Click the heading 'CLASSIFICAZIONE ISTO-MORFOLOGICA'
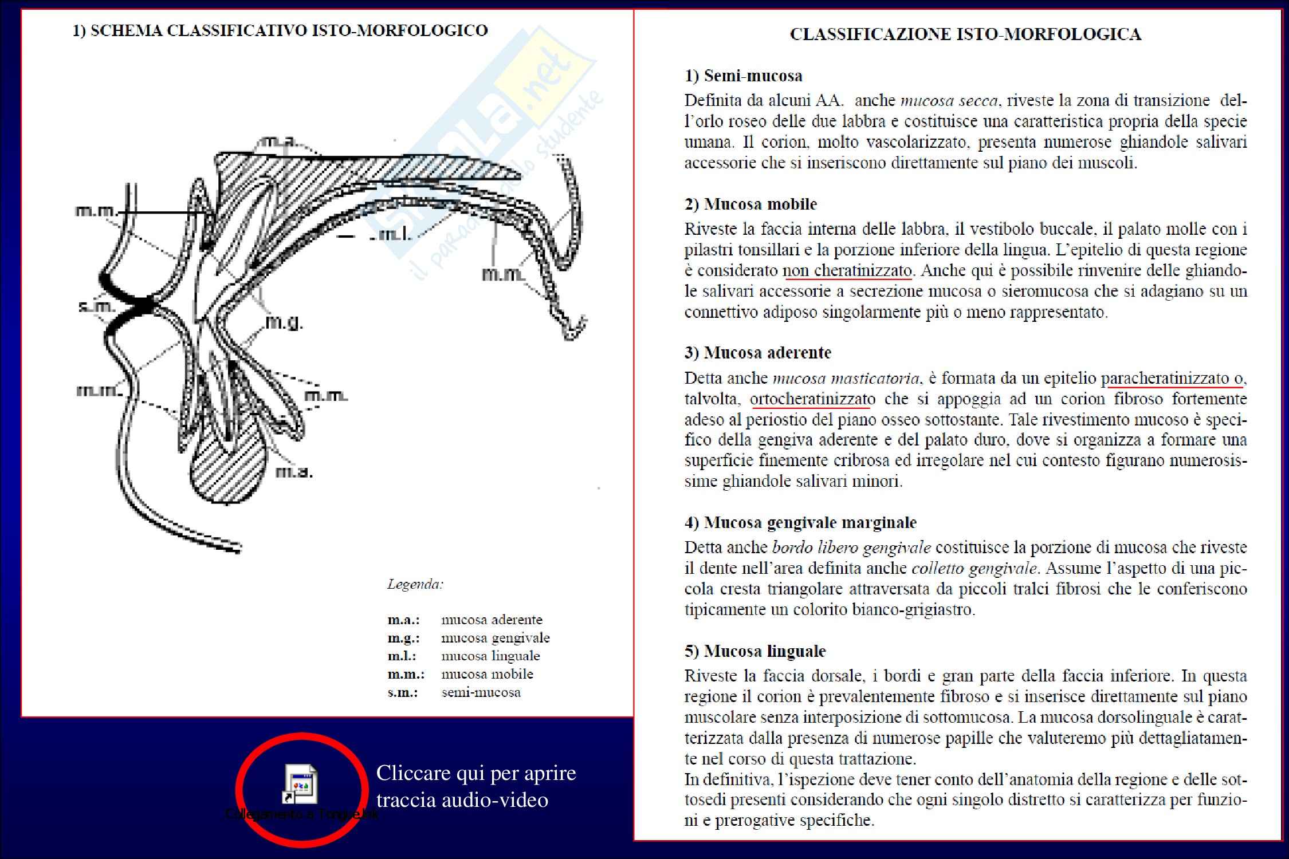pyautogui.click(x=965, y=34)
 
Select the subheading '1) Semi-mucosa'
pyautogui.click(x=743, y=76)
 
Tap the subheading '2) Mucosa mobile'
pyautogui.click(x=750, y=204)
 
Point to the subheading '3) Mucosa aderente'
pyautogui.click(x=757, y=352)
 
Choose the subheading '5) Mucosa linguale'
pyautogui.click(x=754, y=651)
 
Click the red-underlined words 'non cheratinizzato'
pyautogui.click(x=847, y=270)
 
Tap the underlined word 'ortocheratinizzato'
pyautogui.click(x=812, y=399)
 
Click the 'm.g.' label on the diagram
pyautogui.click(x=284, y=323)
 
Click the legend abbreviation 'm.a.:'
pyautogui.click(x=403, y=620)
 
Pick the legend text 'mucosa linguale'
pyautogui.click(x=490, y=656)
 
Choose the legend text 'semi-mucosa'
pyautogui.click(x=481, y=692)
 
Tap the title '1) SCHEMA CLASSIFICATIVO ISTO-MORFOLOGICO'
pyautogui.click(x=280, y=30)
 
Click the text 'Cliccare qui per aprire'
pyautogui.click(x=475, y=773)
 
